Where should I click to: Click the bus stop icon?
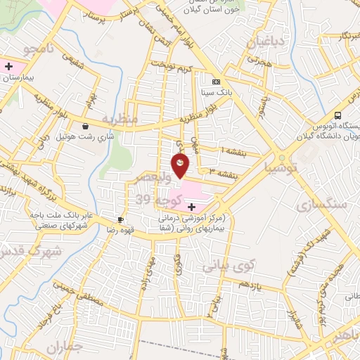coord(338,115)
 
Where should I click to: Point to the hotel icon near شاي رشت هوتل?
coord(85,127)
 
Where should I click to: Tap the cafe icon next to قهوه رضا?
coord(121,219)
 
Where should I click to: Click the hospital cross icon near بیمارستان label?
coord(8,67)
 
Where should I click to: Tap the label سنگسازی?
coord(326,205)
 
